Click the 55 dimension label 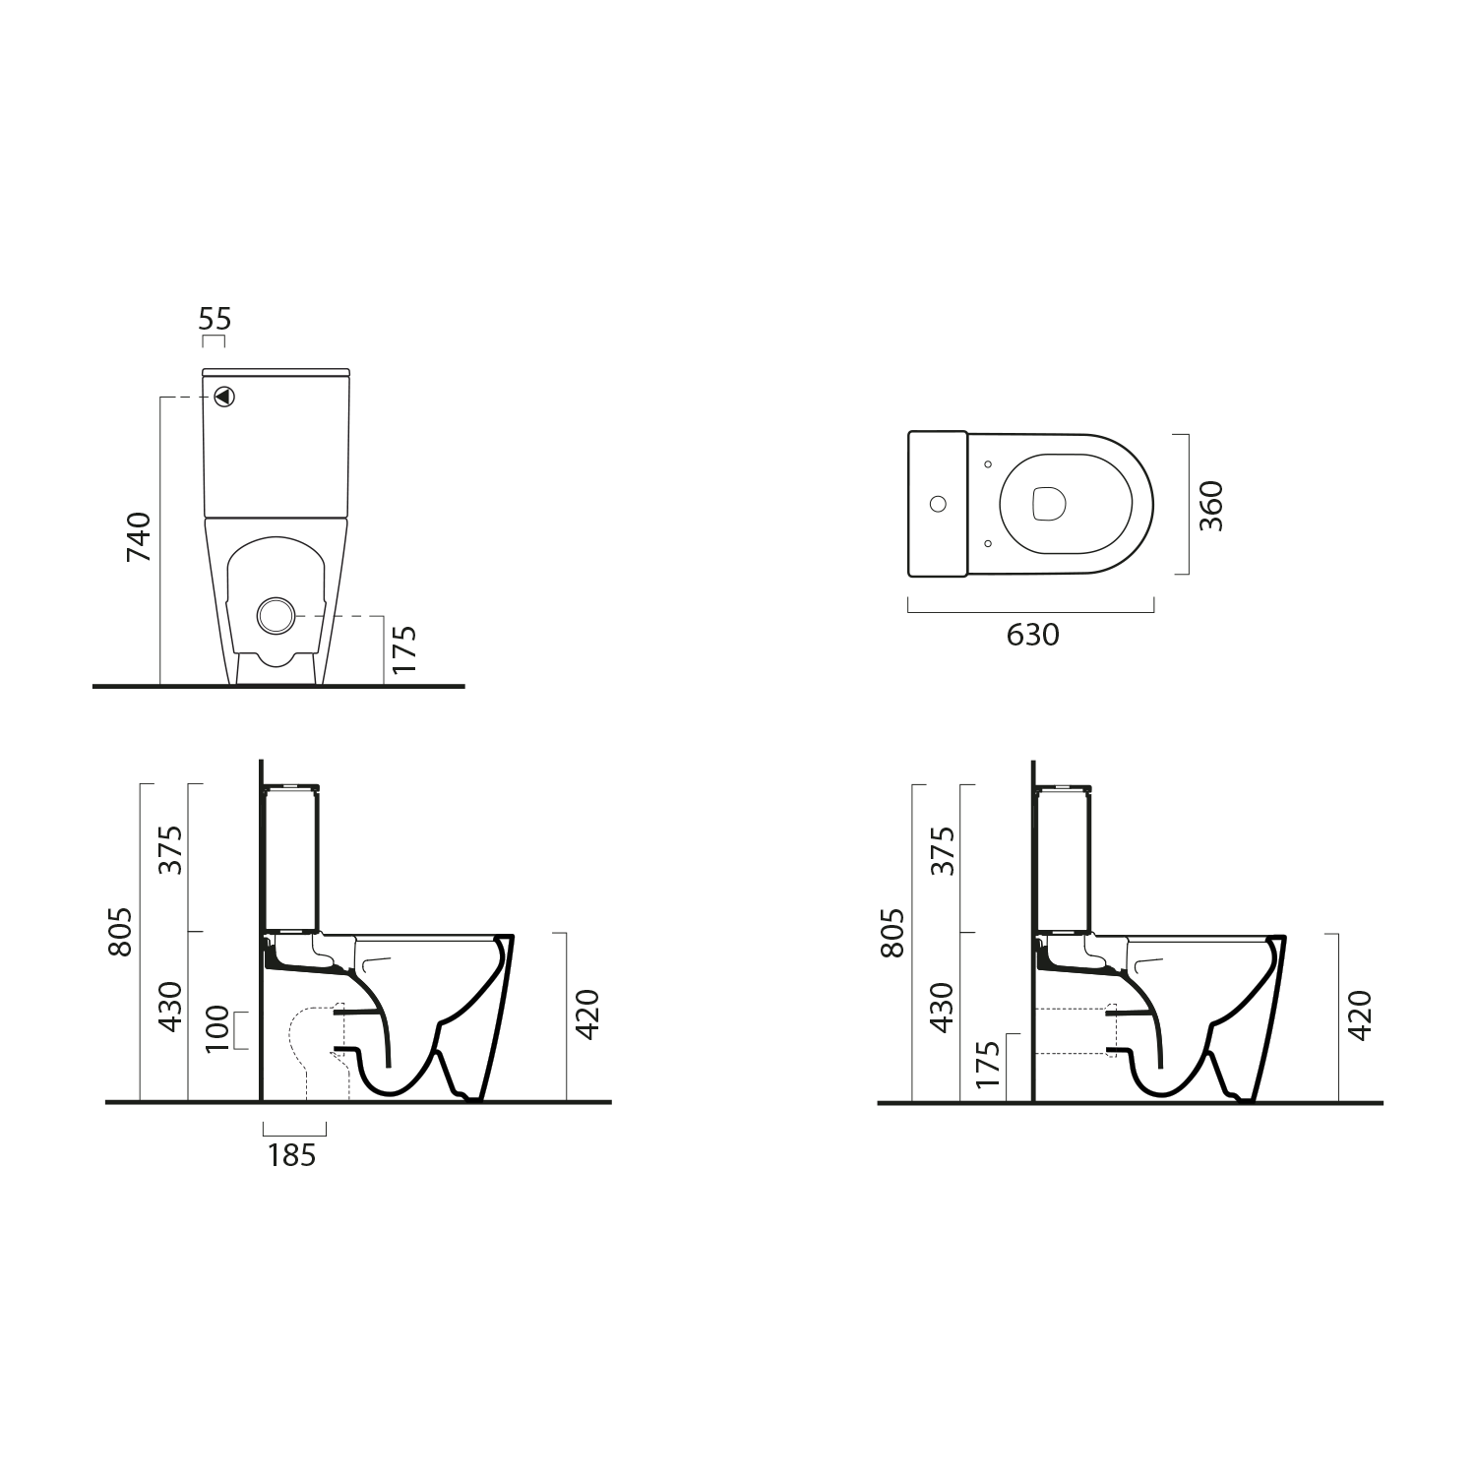(215, 319)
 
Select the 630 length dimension (1033, 636)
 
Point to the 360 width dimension (1211, 506)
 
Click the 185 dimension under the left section (292, 1155)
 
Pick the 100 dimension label (217, 1029)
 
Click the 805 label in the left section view (120, 931)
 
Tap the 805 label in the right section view (892, 931)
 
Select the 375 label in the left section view (171, 850)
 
